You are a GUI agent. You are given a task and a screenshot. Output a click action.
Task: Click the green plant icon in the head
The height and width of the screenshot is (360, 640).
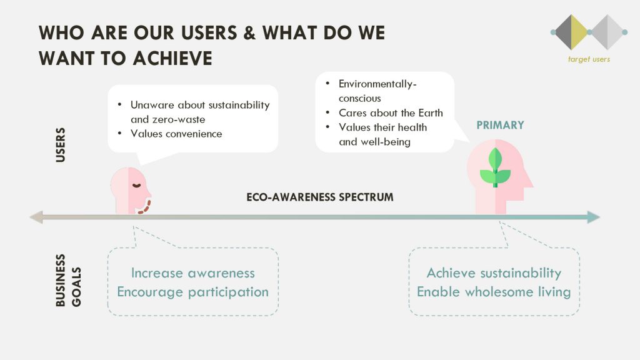[495, 167]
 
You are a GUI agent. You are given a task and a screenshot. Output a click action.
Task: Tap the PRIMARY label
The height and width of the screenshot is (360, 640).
[501, 125]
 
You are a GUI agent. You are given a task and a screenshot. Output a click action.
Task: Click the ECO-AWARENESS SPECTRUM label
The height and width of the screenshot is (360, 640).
[320, 197]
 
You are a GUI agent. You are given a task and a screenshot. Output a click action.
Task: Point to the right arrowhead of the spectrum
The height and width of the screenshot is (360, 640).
[594, 217]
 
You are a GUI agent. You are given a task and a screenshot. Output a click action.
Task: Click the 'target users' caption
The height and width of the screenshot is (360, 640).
[589, 59]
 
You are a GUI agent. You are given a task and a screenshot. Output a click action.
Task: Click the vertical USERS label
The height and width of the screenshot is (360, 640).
[61, 145]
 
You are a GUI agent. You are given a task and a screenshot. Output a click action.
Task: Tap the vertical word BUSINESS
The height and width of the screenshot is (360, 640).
[61, 280]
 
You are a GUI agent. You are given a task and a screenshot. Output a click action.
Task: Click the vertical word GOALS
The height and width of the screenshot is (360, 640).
[76, 287]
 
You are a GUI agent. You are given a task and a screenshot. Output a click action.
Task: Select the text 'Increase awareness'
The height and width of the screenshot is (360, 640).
[192, 272]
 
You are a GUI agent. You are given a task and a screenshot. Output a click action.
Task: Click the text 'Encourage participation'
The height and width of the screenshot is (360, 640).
[192, 292]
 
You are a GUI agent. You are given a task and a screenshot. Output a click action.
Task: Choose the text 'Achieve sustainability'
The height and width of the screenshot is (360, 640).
[494, 272]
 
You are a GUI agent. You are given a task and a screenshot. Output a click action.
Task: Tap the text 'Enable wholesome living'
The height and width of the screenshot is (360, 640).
[494, 292]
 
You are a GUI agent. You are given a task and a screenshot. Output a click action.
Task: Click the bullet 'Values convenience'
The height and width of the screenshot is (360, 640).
[176, 134]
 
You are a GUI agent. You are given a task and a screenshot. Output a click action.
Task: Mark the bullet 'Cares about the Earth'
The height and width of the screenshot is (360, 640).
[391, 113]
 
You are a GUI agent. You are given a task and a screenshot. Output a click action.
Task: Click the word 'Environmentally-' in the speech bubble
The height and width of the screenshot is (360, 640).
[377, 84]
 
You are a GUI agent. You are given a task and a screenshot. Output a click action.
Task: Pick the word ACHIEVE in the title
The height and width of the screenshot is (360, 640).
[172, 58]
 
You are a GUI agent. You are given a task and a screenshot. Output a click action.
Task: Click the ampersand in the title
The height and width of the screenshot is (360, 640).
[249, 32]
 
